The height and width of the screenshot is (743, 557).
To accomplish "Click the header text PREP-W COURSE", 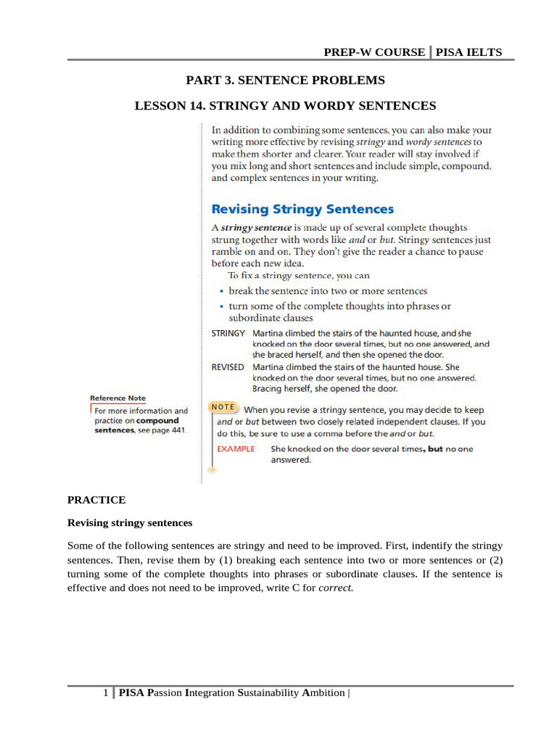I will click(x=374, y=52).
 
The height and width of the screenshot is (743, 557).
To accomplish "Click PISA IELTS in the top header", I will click(x=469, y=52).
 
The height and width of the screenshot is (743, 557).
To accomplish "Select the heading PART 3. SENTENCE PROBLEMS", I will click(x=285, y=80).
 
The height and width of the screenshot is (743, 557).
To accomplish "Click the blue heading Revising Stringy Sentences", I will click(x=302, y=209).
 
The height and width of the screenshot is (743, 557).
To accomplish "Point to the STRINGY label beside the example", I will click(x=228, y=332).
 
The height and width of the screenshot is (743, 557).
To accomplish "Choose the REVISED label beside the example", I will click(x=228, y=367).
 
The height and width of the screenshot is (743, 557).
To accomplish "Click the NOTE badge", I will click(x=224, y=408).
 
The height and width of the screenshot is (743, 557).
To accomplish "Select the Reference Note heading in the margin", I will click(x=117, y=398).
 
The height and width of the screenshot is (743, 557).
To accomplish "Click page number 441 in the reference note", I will click(x=176, y=430).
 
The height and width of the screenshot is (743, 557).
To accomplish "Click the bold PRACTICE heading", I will click(x=96, y=500).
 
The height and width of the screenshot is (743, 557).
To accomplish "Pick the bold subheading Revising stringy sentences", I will click(x=130, y=522).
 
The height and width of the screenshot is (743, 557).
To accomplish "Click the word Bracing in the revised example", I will click(x=268, y=389).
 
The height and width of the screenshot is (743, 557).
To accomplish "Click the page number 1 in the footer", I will click(x=106, y=693).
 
